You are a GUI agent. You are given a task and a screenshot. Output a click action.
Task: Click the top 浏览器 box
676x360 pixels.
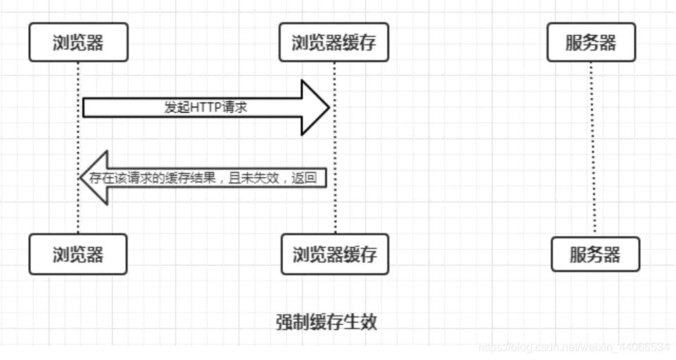click(78, 42)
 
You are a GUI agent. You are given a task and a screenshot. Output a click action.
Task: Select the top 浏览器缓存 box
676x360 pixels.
click(333, 42)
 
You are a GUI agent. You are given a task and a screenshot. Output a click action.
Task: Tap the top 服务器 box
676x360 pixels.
click(591, 42)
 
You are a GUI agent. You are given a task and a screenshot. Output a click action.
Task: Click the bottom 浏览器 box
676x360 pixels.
click(78, 255)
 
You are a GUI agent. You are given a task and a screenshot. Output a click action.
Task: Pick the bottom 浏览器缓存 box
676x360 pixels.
click(334, 255)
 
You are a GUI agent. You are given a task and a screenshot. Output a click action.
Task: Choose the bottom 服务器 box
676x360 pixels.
click(595, 255)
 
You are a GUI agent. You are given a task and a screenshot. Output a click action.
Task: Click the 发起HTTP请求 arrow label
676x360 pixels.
click(205, 108)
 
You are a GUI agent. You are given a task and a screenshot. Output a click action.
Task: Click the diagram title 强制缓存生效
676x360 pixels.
click(326, 322)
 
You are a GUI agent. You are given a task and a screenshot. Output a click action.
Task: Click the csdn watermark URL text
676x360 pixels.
click(573, 347)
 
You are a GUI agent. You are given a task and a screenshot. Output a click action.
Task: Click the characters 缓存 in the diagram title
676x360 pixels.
click(326, 322)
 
